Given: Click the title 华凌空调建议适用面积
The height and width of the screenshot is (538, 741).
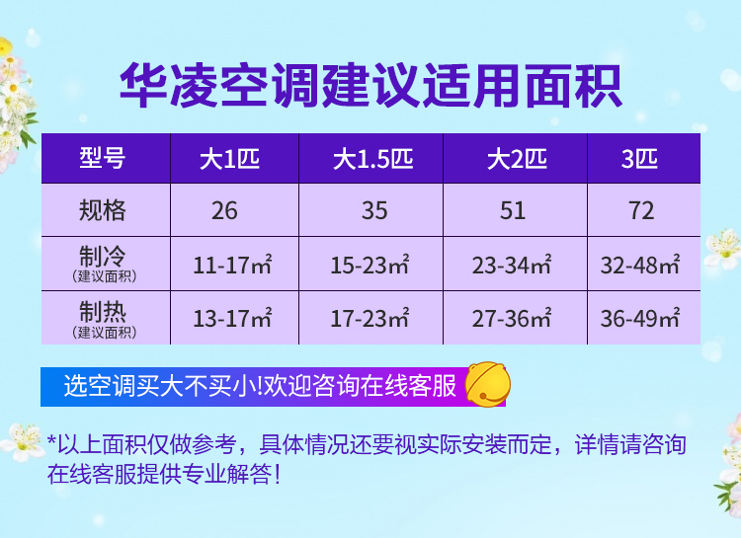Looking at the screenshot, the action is point(370,86).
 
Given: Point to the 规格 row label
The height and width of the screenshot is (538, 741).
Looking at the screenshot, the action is point(103,210).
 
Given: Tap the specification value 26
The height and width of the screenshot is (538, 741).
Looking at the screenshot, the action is point(224,210).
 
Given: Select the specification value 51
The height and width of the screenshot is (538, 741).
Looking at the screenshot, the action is point(513,210).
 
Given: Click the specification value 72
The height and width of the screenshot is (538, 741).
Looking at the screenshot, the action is point(641,210).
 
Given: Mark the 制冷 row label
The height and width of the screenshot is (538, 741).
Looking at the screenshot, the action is point(103,257).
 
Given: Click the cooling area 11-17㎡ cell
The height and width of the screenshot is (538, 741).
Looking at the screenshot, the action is point(232,265).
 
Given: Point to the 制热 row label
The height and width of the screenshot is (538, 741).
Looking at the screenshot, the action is point(103,312).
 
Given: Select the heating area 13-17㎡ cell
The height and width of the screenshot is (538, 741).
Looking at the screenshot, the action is point(232,318).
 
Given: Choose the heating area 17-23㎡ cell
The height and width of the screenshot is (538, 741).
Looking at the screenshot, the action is point(370,318).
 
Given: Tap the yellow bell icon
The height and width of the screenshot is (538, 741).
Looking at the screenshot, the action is point(488,384).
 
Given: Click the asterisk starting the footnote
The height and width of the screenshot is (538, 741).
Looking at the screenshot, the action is point(51,440).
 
